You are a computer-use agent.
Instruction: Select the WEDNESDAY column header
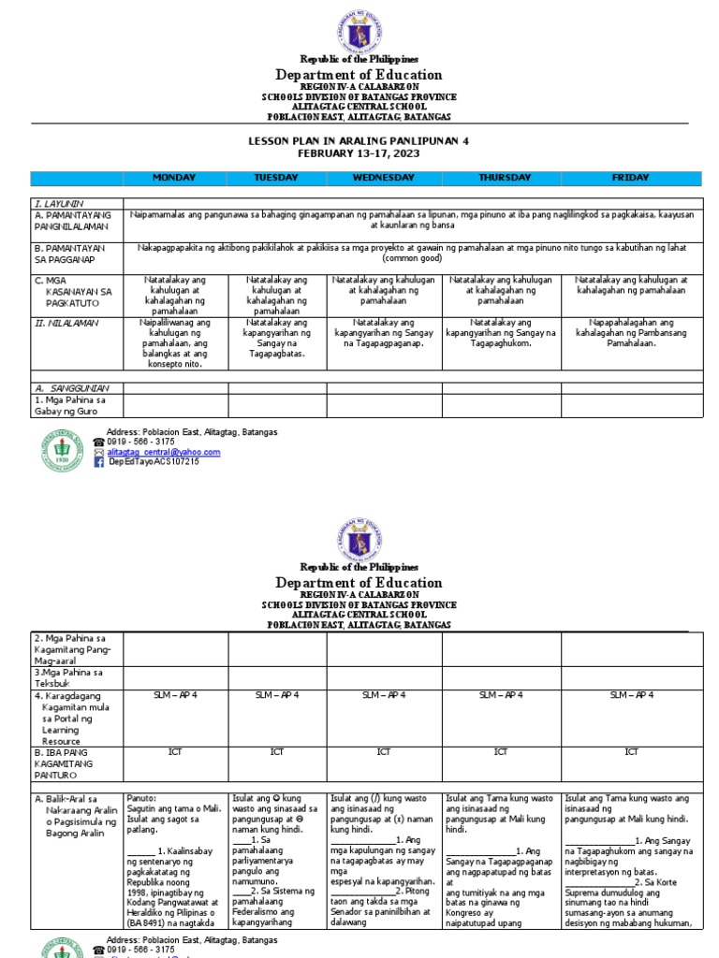[384, 178]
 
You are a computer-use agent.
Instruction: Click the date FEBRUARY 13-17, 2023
[359, 152]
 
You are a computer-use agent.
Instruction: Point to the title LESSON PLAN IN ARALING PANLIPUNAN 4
[359, 140]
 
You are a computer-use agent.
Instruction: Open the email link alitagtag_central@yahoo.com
[164, 452]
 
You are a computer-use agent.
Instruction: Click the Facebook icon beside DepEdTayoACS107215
[99, 461]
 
